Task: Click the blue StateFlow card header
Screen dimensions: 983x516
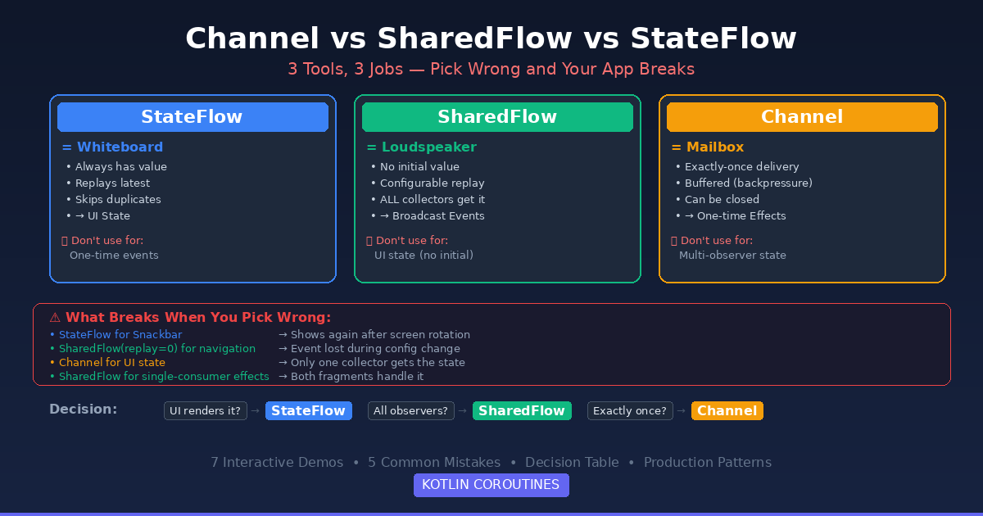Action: click(x=193, y=117)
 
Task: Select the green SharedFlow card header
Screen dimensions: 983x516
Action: click(x=497, y=117)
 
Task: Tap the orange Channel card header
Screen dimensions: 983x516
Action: click(x=802, y=117)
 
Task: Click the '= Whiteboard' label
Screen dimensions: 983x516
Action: click(x=112, y=147)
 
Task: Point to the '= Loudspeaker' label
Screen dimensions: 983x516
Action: click(x=421, y=147)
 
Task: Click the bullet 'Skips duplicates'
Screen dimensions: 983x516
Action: click(x=118, y=200)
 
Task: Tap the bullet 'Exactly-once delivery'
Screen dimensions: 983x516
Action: click(x=741, y=167)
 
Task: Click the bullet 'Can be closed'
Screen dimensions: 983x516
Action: click(x=722, y=200)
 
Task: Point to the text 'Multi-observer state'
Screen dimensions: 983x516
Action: click(x=732, y=256)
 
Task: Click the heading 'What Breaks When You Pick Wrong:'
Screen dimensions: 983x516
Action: click(x=197, y=318)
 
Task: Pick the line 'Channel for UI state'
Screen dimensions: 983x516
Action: click(x=111, y=363)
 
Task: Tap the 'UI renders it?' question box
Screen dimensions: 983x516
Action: click(x=206, y=411)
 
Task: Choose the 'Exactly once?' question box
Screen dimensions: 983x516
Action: click(x=628, y=411)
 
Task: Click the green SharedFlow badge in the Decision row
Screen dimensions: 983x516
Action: click(x=522, y=411)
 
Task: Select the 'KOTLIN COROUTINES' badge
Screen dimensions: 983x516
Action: click(x=491, y=485)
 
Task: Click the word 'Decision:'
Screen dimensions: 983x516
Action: click(x=83, y=410)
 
